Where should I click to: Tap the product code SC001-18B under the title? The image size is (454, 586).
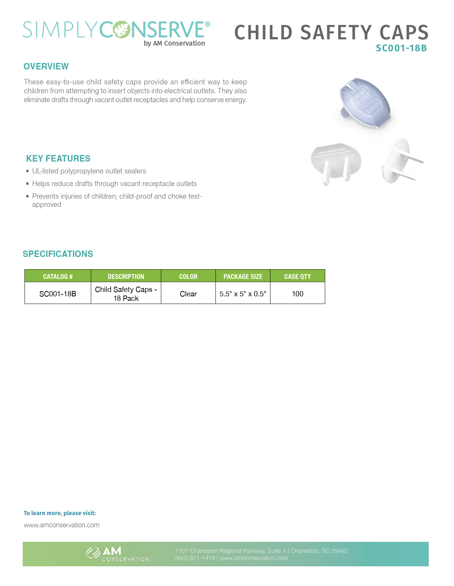[x=401, y=48]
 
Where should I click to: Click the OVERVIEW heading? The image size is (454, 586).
[x=46, y=66]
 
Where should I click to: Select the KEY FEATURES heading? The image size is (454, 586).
[x=58, y=159]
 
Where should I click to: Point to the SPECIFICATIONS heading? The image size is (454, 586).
[x=58, y=254]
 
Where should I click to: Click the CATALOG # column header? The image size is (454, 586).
[x=58, y=276]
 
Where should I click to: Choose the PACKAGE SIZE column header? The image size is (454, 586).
[x=243, y=276]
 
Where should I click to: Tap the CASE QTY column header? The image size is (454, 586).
[x=298, y=276]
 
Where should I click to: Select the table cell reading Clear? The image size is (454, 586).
[x=188, y=294]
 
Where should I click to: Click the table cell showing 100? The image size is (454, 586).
[x=298, y=294]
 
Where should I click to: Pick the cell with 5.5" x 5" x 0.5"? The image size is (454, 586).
[x=243, y=294]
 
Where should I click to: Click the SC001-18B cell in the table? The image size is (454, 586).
[x=58, y=294]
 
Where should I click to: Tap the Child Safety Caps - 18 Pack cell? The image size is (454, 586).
[x=126, y=294]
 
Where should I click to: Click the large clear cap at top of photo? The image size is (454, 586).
[x=365, y=103]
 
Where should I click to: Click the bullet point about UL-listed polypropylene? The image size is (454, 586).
[x=89, y=171]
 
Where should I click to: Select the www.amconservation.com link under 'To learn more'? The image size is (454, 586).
[x=62, y=525]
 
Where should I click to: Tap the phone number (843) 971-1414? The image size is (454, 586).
[x=195, y=558]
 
